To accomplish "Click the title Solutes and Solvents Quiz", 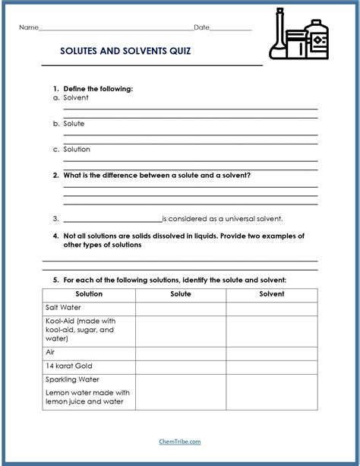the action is pos(125,52).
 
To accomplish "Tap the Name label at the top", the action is pos(28,27).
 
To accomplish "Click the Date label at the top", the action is pos(201,27).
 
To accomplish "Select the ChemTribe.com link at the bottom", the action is pos(180,440).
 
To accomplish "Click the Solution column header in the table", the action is pos(89,294).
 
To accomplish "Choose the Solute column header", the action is pos(180,294).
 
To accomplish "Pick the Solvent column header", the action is pos(271,294).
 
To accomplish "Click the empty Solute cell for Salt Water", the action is pos(180,308).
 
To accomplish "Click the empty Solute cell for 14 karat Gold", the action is pos(180,366).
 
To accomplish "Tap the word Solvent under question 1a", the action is pos(75,98).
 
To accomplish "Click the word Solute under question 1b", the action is pos(74,123).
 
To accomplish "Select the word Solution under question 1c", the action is pos(77,149).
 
